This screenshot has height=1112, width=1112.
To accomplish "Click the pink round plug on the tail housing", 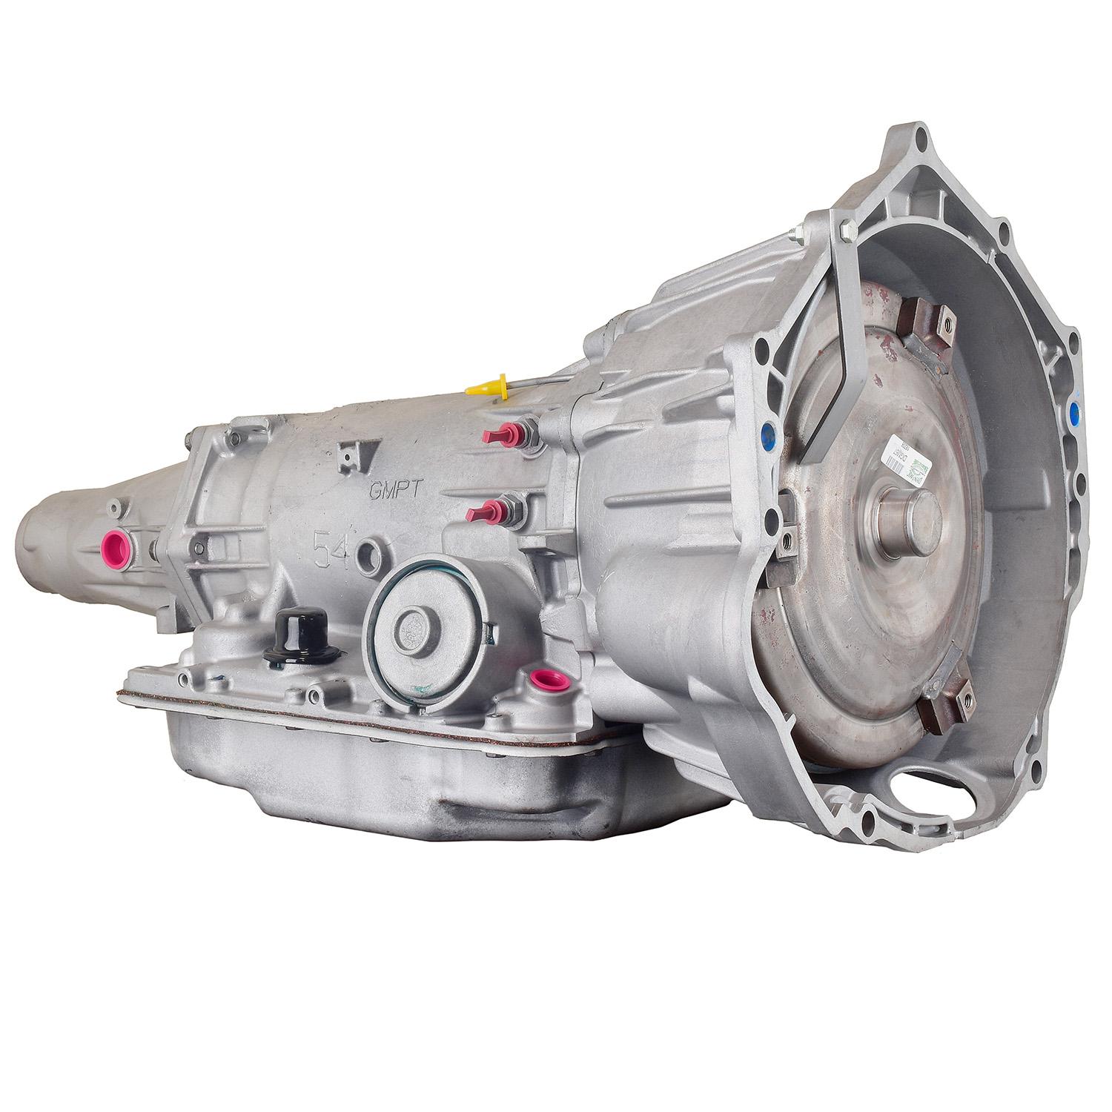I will tap(116, 546).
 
